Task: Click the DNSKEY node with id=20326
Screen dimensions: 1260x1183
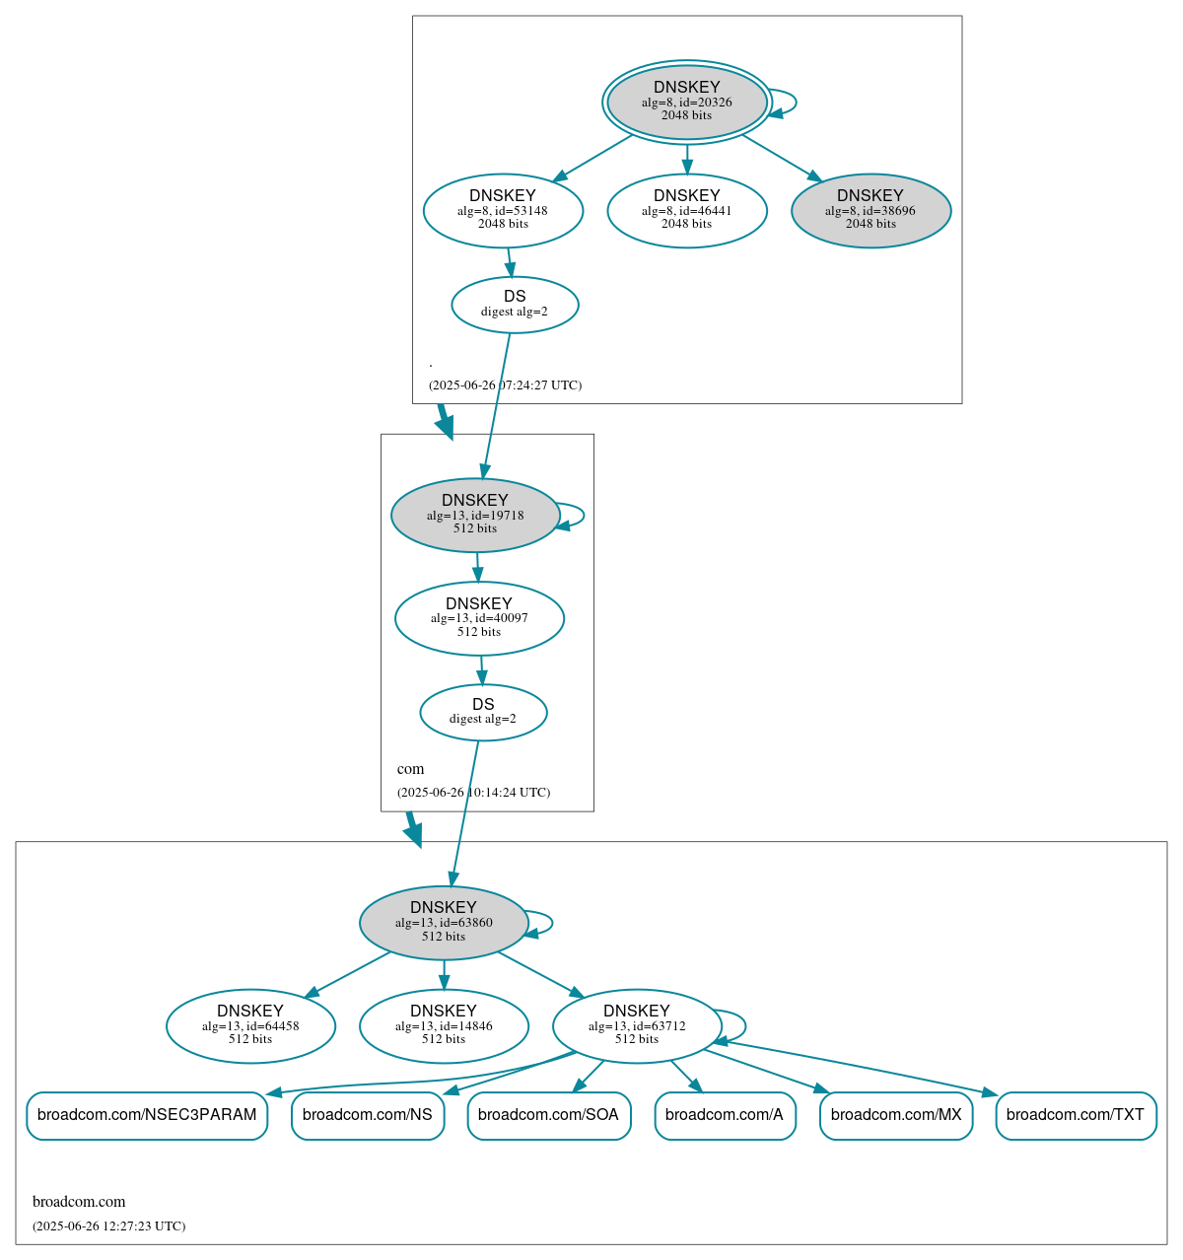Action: click(x=687, y=102)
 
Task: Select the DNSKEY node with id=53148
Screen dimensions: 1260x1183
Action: click(x=503, y=210)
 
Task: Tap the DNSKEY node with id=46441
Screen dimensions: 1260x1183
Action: click(x=687, y=210)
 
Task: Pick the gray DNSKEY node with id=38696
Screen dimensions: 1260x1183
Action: click(x=870, y=210)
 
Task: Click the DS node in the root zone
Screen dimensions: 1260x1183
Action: click(x=515, y=305)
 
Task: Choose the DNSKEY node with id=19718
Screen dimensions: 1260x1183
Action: click(x=475, y=515)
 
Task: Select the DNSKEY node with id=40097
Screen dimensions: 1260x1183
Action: click(x=479, y=618)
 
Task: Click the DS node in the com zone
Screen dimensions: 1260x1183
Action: click(x=483, y=712)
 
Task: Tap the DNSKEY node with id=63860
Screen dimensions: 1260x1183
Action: click(x=444, y=923)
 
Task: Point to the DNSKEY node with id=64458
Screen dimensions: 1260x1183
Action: click(x=250, y=1026)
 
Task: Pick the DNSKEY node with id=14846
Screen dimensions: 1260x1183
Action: click(x=444, y=1026)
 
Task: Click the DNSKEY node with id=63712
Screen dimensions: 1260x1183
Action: click(x=637, y=1026)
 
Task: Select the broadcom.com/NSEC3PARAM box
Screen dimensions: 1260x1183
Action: click(x=147, y=1115)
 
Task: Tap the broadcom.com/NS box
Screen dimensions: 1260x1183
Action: click(x=368, y=1115)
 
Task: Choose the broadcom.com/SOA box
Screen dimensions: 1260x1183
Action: click(x=548, y=1115)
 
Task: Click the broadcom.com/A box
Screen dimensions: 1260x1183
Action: click(x=725, y=1115)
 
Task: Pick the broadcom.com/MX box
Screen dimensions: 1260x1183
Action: click(x=896, y=1115)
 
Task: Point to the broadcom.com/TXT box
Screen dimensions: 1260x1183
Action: click(x=1076, y=1115)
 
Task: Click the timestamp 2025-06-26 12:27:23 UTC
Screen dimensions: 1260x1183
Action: click(x=108, y=1226)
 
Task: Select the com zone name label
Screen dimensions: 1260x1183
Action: click(x=411, y=769)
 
